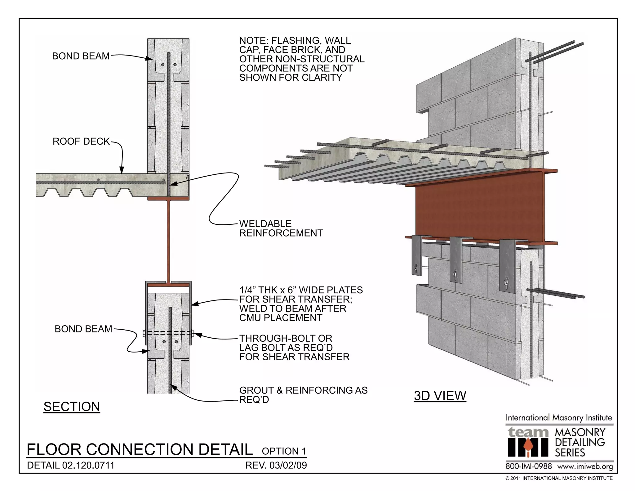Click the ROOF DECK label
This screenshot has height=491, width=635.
81,142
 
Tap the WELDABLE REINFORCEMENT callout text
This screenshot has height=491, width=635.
281,228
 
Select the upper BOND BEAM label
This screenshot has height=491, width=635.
81,56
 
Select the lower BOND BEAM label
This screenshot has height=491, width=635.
83,329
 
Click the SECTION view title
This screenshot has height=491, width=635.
72,407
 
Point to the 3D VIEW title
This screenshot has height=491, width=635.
440,396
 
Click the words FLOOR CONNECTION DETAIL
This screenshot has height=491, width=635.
140,449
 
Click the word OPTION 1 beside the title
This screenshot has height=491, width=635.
284,451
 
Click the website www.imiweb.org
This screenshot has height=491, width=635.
585,466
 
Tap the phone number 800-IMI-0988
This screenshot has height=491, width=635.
529,466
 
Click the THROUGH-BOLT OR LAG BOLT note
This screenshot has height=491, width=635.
294,348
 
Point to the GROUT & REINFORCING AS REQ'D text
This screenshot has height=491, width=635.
303,395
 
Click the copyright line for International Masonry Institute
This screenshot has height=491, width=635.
559,478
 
